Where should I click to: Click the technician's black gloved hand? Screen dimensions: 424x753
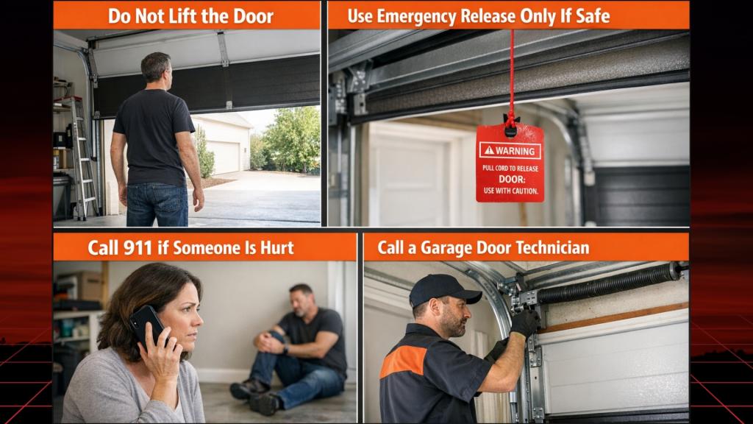525,322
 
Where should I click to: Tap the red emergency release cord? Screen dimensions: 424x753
511,74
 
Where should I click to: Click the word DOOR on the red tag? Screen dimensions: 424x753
510,179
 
